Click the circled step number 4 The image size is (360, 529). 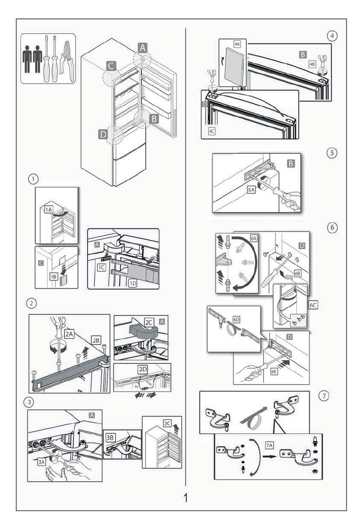[x=329, y=36]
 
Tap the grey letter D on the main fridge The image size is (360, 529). [x=102, y=134]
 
